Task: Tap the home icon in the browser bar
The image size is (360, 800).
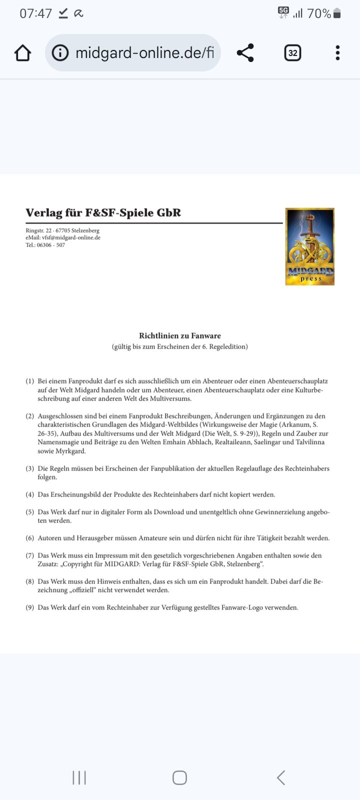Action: pos(23,52)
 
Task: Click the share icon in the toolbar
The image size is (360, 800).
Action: pos(245,52)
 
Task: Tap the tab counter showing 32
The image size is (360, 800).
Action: pos(292,52)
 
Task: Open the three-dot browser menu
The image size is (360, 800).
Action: pos(337,52)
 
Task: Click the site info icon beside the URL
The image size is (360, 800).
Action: pos(60,52)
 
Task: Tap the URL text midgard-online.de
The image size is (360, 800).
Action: pos(144,52)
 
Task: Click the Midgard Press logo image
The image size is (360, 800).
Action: pos(309,246)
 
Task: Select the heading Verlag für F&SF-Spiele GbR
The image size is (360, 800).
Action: pos(103,212)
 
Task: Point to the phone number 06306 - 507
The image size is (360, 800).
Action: pos(50,245)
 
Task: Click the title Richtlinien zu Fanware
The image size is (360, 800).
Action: pos(179,335)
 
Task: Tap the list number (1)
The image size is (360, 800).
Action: pos(30,381)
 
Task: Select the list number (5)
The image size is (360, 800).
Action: pos(30,512)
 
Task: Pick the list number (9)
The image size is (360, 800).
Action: pos(30,607)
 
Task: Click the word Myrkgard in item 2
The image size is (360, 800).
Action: pos(72,451)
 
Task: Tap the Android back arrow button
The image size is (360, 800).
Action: pos(281,777)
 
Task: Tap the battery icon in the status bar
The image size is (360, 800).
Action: pos(337,13)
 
